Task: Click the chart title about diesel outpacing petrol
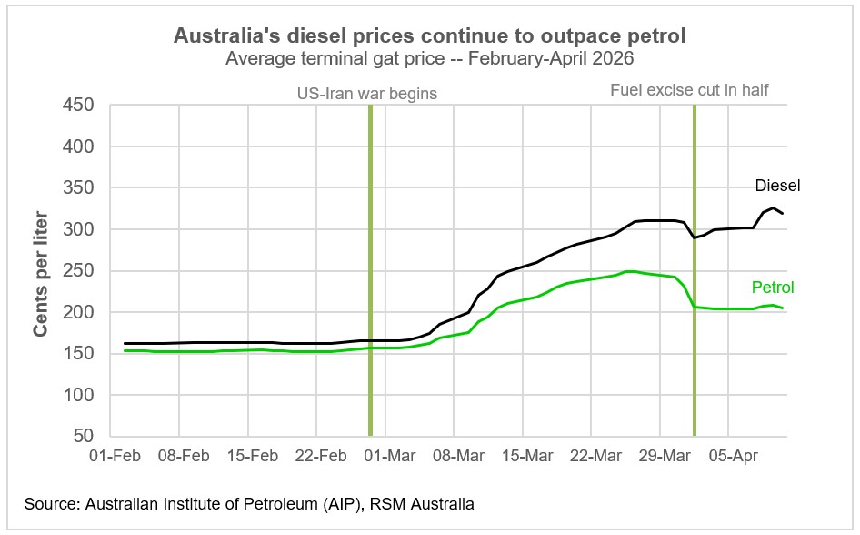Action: (x=431, y=36)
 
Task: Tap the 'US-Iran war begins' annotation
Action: (x=368, y=92)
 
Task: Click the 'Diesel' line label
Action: (x=777, y=186)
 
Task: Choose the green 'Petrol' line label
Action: (x=773, y=288)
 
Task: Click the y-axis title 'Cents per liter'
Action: (x=40, y=271)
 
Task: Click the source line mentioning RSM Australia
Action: (x=249, y=503)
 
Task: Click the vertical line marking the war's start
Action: (x=370, y=273)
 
